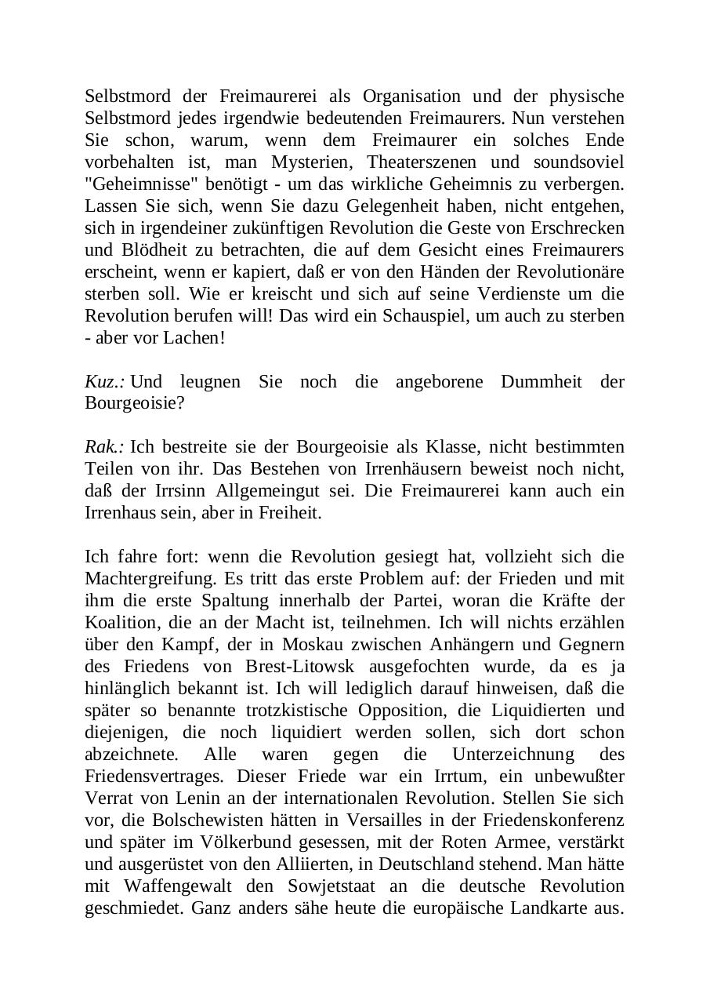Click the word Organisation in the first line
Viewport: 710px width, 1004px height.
point(411,96)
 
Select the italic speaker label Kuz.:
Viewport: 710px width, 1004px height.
point(104,382)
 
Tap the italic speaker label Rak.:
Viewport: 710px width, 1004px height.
point(104,447)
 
